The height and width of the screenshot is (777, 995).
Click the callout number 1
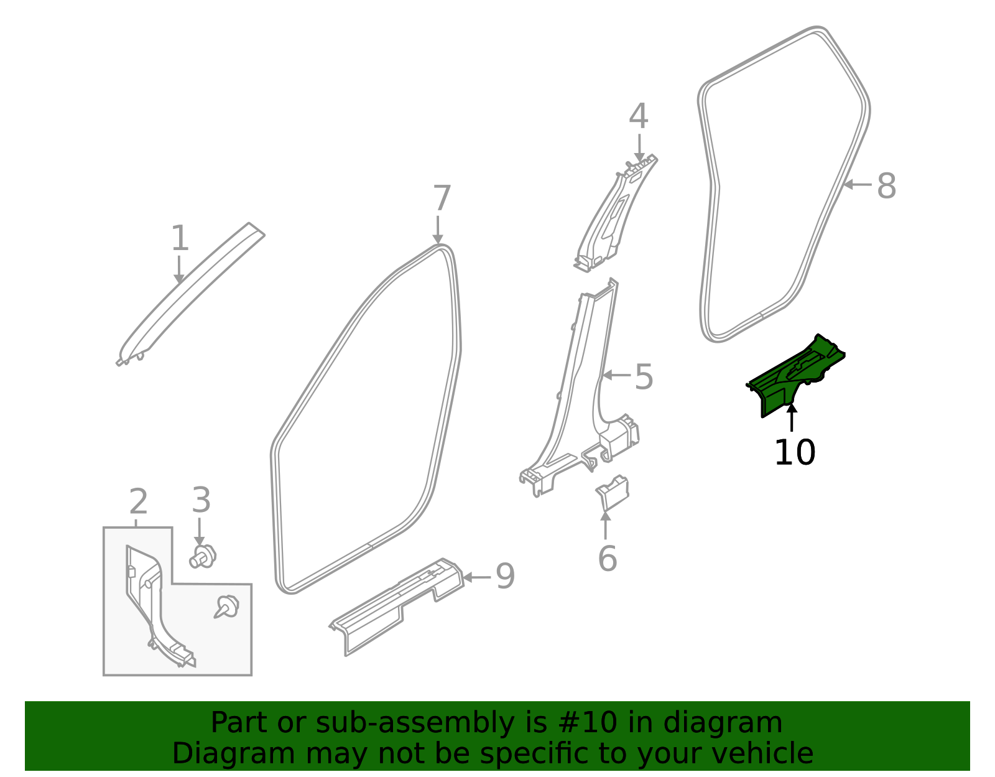(180, 239)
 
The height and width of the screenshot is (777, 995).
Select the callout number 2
(138, 501)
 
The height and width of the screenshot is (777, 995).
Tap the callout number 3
(201, 500)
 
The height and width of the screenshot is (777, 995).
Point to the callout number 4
(639, 117)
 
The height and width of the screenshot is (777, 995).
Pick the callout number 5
(644, 378)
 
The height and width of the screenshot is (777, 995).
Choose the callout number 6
(607, 558)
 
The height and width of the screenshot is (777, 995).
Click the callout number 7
(441, 199)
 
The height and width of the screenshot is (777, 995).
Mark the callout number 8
(886, 186)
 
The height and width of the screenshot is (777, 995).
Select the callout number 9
(505, 577)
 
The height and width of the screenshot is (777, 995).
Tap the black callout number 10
(794, 452)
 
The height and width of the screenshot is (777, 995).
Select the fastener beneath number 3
(203, 556)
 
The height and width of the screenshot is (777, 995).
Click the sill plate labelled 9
(398, 607)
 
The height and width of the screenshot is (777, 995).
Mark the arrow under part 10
(792, 418)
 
